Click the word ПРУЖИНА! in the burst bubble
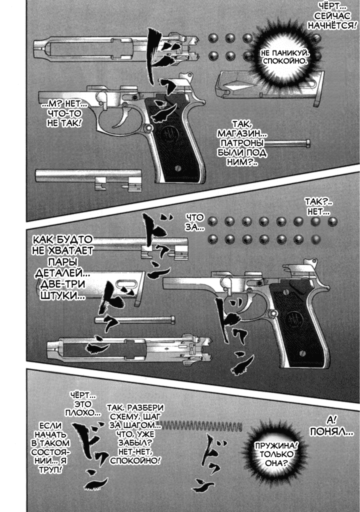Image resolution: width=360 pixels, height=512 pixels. pyautogui.click(x=276, y=445)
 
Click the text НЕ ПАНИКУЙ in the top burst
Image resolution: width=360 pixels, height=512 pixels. pyautogui.click(x=284, y=52)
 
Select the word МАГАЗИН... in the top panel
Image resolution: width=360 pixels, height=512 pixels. pyautogui.click(x=240, y=134)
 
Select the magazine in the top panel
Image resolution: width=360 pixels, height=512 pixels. pyautogui.click(x=268, y=86)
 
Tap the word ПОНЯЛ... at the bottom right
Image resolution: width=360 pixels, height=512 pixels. pyautogui.click(x=331, y=432)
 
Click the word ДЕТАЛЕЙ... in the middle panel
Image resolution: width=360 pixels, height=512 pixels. pyautogui.click(x=62, y=273)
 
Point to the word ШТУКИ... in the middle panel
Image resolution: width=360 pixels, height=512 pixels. pyautogui.click(x=62, y=295)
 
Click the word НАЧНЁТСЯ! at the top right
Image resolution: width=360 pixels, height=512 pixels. pyautogui.click(x=331, y=25)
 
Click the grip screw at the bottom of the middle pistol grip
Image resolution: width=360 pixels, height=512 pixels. pyautogui.click(x=302, y=352)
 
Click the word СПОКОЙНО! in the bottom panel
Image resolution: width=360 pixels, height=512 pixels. pyautogui.click(x=135, y=460)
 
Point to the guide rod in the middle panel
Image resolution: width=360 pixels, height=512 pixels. pyautogui.click(x=134, y=319)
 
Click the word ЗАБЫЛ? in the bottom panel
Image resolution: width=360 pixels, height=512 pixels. pyautogui.click(x=135, y=443)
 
